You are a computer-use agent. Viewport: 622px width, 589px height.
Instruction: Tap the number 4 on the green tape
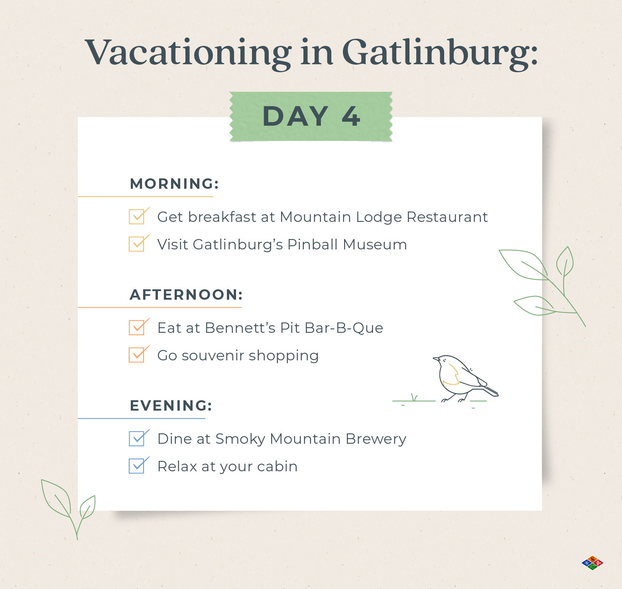[x=351, y=117]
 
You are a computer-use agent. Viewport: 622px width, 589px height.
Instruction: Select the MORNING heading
[x=175, y=184]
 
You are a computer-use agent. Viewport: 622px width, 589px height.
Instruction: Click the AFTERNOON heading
[x=186, y=294]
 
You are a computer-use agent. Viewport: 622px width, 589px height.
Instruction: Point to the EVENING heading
[x=171, y=405]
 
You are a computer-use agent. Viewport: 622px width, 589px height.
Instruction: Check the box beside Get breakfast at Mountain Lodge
[x=137, y=217]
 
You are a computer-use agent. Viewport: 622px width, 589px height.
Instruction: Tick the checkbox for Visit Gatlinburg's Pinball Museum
[x=137, y=244]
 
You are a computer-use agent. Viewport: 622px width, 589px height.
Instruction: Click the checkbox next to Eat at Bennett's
[x=137, y=328]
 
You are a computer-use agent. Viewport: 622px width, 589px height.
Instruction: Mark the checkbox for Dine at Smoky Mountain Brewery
[x=137, y=439]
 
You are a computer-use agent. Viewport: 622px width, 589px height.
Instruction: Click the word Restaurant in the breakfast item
[x=447, y=217]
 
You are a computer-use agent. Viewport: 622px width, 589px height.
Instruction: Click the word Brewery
[x=376, y=439]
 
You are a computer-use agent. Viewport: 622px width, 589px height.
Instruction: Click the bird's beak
[x=436, y=359]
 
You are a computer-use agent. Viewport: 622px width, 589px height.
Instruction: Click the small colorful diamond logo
[x=592, y=563]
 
